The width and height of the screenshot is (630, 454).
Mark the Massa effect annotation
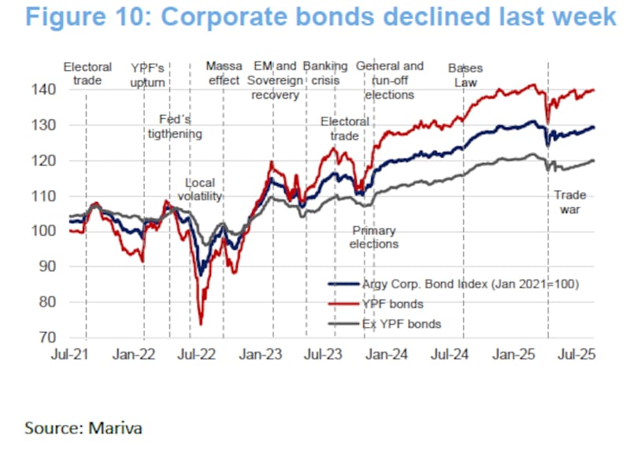point(224,74)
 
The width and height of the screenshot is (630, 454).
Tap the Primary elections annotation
point(374,237)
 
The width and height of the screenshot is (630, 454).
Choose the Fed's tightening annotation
point(176,126)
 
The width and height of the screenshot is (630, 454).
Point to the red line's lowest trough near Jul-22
point(201,324)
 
